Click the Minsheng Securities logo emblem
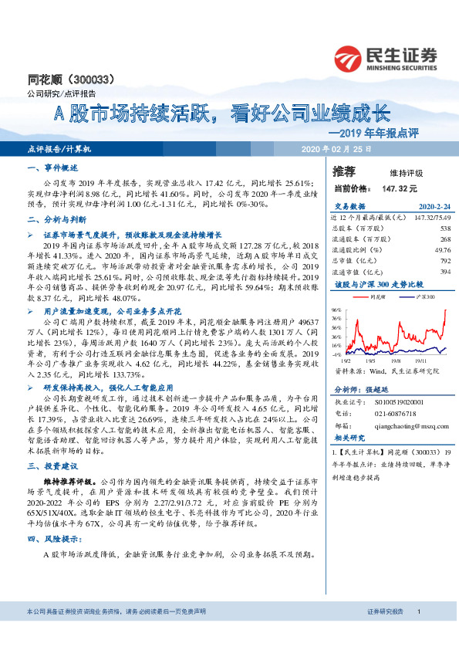coord(351,56)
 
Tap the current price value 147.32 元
coord(400,188)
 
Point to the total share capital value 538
coord(444,228)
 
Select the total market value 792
coord(444,260)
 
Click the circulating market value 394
coord(444,271)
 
